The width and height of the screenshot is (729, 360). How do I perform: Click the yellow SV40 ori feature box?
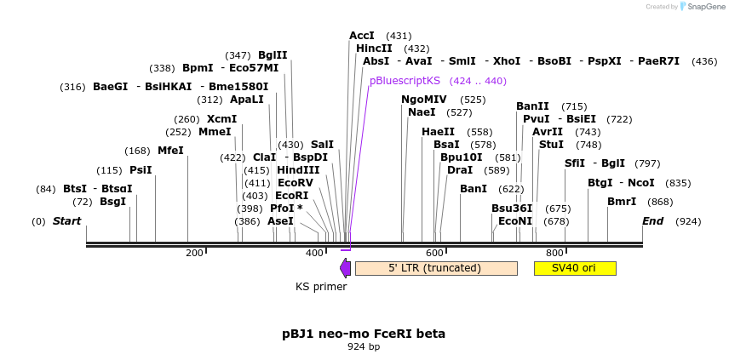574,268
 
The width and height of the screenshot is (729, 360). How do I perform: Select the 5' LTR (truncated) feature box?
435,268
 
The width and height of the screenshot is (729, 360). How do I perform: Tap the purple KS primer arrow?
345,268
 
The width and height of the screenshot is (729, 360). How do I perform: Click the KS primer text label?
321,287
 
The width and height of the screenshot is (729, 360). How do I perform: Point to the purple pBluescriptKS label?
405,81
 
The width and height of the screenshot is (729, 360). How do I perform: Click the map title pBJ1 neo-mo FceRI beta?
364,334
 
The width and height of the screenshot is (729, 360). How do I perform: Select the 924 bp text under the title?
364,346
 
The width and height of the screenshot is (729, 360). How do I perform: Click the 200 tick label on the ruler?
194,253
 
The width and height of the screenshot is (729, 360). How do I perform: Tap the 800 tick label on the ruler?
554,253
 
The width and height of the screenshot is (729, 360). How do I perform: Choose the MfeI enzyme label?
170,151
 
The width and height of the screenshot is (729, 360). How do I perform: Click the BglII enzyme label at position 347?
273,55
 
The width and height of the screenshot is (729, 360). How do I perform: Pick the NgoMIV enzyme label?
423,100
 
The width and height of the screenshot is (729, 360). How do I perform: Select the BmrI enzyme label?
622,202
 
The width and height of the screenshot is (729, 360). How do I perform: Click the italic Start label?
66,221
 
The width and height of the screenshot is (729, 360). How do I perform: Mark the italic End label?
652,221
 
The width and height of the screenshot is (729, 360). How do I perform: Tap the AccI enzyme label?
362,36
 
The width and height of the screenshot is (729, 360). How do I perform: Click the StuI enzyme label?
551,145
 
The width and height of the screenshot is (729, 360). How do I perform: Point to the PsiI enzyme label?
141,170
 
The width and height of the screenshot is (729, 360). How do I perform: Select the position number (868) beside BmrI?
660,202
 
